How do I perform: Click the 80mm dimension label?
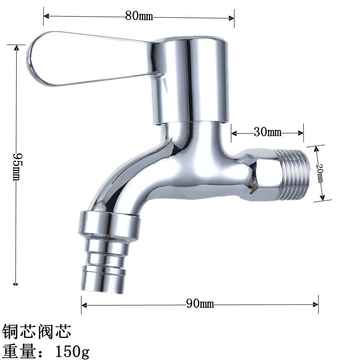click(139, 17)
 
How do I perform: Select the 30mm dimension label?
click(267, 132)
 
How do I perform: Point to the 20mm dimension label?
click(319, 173)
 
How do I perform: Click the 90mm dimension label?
click(200, 304)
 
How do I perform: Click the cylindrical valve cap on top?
click(193, 81)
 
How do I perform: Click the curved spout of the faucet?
click(130, 175)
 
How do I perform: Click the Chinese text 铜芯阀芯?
click(37, 332)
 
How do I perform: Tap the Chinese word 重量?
click(18, 350)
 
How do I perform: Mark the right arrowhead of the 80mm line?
click(232, 18)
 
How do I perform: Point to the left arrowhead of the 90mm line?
click(84, 304)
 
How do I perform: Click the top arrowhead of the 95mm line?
click(17, 47)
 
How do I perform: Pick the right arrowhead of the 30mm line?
click(301, 133)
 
